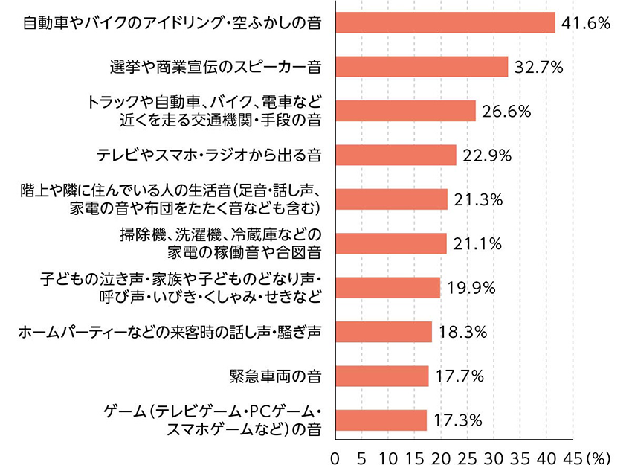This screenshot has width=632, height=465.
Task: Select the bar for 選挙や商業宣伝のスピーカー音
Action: tap(422, 67)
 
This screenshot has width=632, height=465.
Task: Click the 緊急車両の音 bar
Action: tap(382, 376)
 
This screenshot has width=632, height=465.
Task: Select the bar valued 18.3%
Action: tap(384, 332)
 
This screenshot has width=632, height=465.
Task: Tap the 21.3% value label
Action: tap(478, 199)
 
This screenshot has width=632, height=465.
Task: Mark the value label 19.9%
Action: tap(471, 288)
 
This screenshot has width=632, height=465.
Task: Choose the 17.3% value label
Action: tap(457, 420)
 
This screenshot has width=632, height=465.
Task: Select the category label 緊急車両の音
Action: tap(276, 376)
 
